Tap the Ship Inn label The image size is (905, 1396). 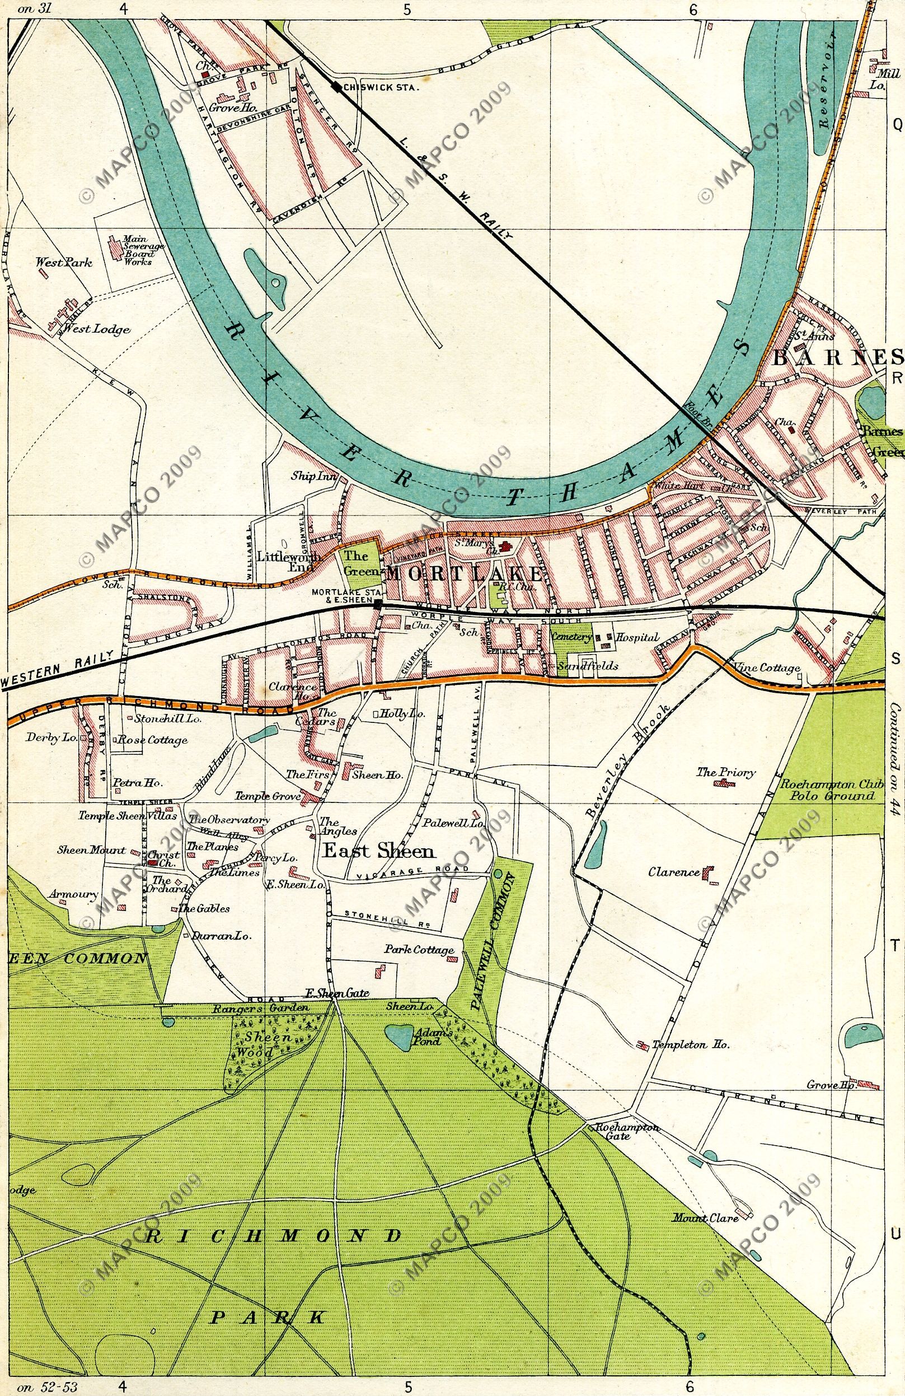click(314, 477)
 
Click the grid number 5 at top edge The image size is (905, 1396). click(408, 9)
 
